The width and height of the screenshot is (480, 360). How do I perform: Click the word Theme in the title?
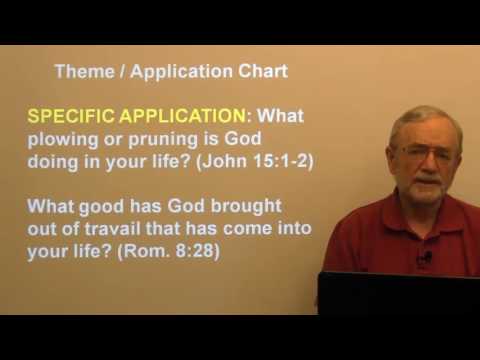(x=78, y=72)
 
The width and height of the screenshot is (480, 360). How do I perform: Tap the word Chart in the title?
(x=263, y=72)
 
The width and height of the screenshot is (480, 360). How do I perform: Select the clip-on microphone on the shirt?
(x=425, y=258)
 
